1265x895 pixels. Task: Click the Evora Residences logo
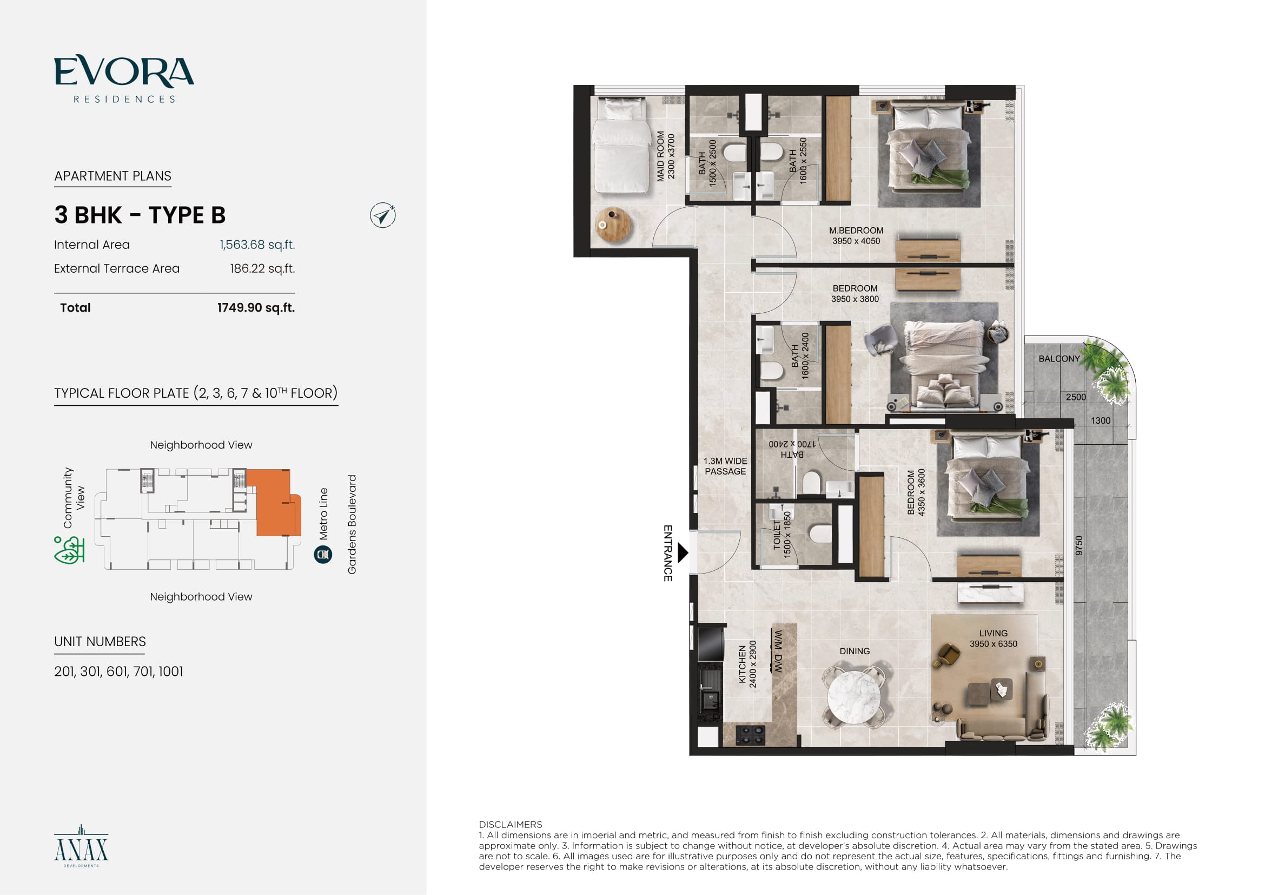pos(124,79)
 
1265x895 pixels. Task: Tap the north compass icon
pos(383,215)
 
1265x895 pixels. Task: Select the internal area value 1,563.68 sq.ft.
pos(257,245)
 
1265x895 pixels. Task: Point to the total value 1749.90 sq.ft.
pos(256,307)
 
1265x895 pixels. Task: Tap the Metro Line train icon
pos(323,554)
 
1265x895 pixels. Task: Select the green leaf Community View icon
pos(69,550)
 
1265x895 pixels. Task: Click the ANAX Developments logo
pos(81,846)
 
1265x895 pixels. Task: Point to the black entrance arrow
pos(683,552)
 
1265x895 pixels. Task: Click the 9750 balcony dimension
pos(1079,545)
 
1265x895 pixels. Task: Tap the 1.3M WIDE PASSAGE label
pos(725,466)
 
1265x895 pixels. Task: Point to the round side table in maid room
pos(613,225)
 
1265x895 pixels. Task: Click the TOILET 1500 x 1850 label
pos(782,534)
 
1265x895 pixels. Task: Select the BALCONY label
pos(1059,359)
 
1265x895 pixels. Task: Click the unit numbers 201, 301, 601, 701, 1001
pos(118,671)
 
